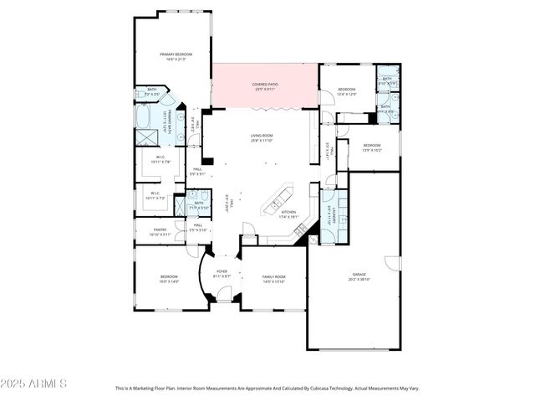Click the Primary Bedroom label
coord(171,56)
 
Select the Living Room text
coord(262,139)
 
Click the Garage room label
coord(359,277)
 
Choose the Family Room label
coord(273,279)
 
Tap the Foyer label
coord(222,273)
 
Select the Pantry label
coord(160,231)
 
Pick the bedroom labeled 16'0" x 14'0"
coord(171,279)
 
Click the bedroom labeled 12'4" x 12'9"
coord(347,91)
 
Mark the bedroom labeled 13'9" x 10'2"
coord(372,147)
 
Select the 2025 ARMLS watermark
coord(34,384)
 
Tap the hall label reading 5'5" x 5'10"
coord(198,227)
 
